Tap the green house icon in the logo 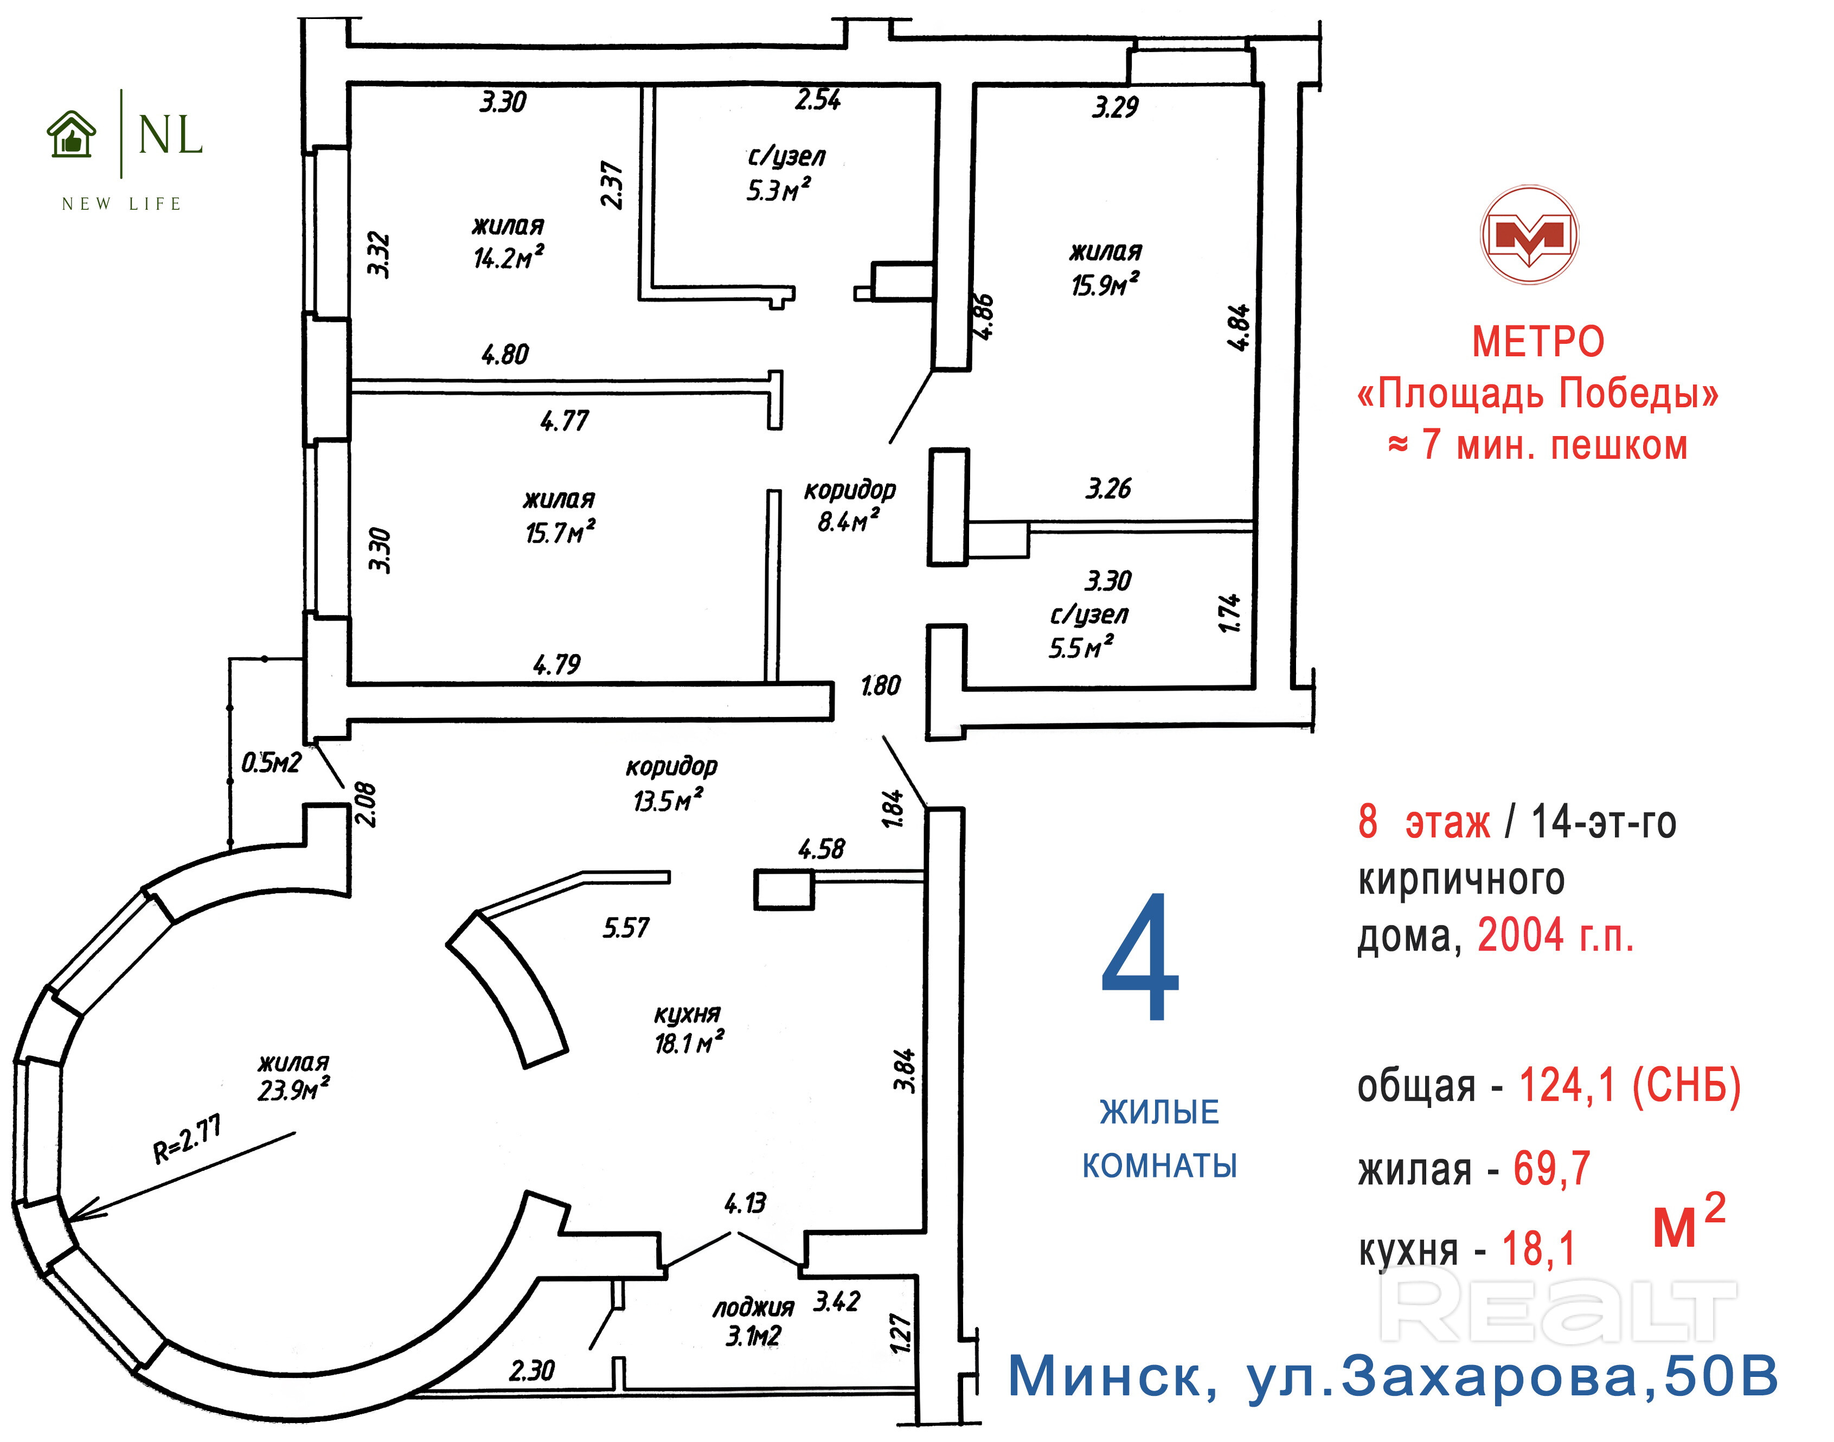coord(72,135)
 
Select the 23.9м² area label coord(293,1090)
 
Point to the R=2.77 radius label coord(188,1138)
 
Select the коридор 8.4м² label coord(849,506)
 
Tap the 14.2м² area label coord(508,257)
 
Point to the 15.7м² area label coord(560,533)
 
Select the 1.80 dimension coord(880,685)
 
